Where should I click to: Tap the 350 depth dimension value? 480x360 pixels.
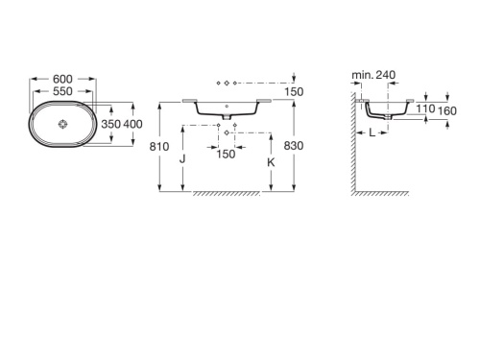point(113,125)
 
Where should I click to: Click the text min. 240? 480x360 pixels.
point(372,75)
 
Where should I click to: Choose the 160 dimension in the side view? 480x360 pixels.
point(446,110)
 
